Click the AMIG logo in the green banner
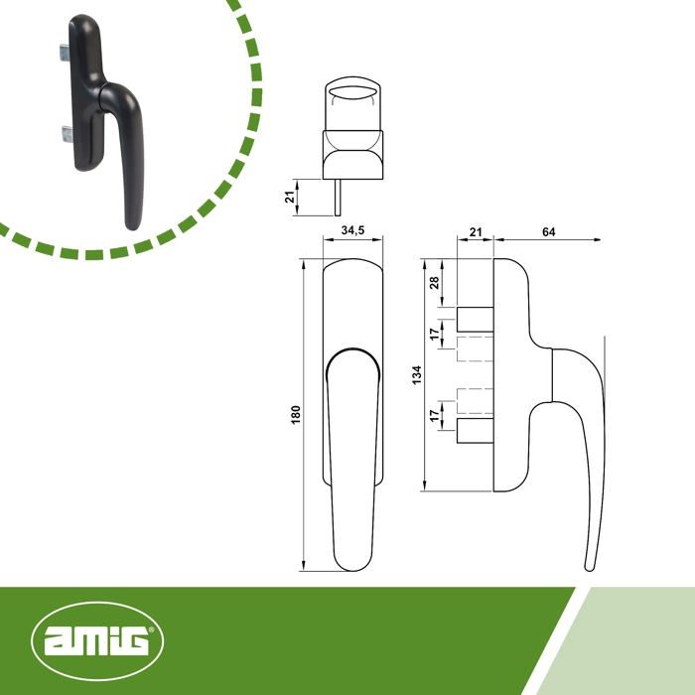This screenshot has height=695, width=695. [x=97, y=640]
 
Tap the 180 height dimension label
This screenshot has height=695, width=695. [x=296, y=414]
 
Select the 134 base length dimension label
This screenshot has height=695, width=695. [x=416, y=375]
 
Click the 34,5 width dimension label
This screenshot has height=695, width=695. [x=352, y=230]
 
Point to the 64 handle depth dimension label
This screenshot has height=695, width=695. [x=549, y=231]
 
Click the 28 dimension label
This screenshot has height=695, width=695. [x=434, y=282]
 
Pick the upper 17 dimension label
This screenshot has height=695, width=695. [x=436, y=334]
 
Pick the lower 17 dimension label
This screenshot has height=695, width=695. [x=435, y=415]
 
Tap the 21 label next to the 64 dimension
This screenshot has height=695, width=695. [x=476, y=231]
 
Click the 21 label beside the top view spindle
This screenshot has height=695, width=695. [x=290, y=197]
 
